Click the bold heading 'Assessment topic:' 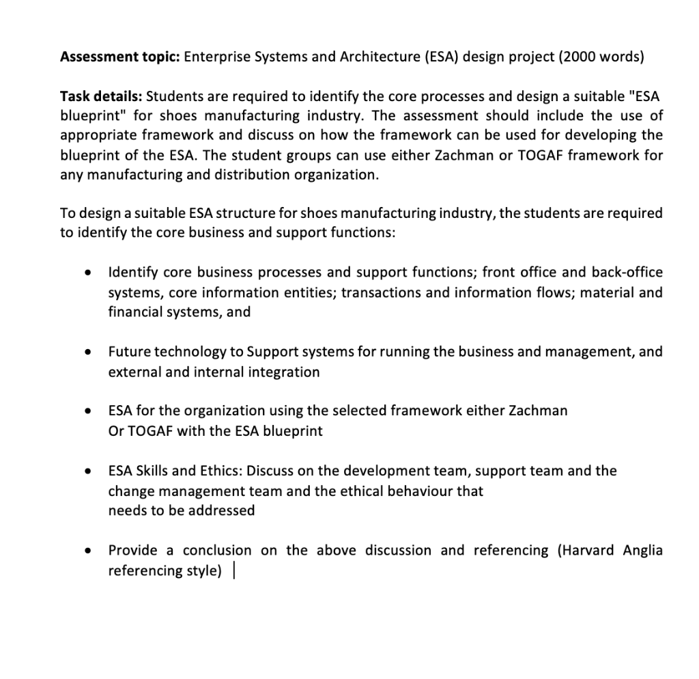tap(119, 57)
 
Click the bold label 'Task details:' tap(101, 96)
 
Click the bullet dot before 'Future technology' tap(87, 352)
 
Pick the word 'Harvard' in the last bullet tap(588, 551)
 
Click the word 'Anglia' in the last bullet tap(643, 551)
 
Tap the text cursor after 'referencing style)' tap(234, 571)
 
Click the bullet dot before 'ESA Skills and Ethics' tap(87, 472)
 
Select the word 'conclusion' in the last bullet tap(217, 551)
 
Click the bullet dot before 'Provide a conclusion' tap(87, 551)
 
